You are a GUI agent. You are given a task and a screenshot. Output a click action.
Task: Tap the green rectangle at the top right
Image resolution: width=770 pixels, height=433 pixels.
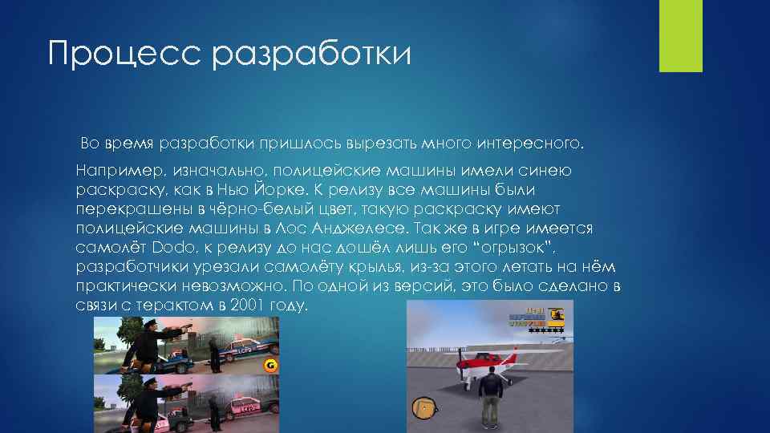click(x=680, y=35)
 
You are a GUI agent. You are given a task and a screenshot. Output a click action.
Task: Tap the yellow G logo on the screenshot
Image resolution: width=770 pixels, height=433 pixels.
click(x=270, y=366)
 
